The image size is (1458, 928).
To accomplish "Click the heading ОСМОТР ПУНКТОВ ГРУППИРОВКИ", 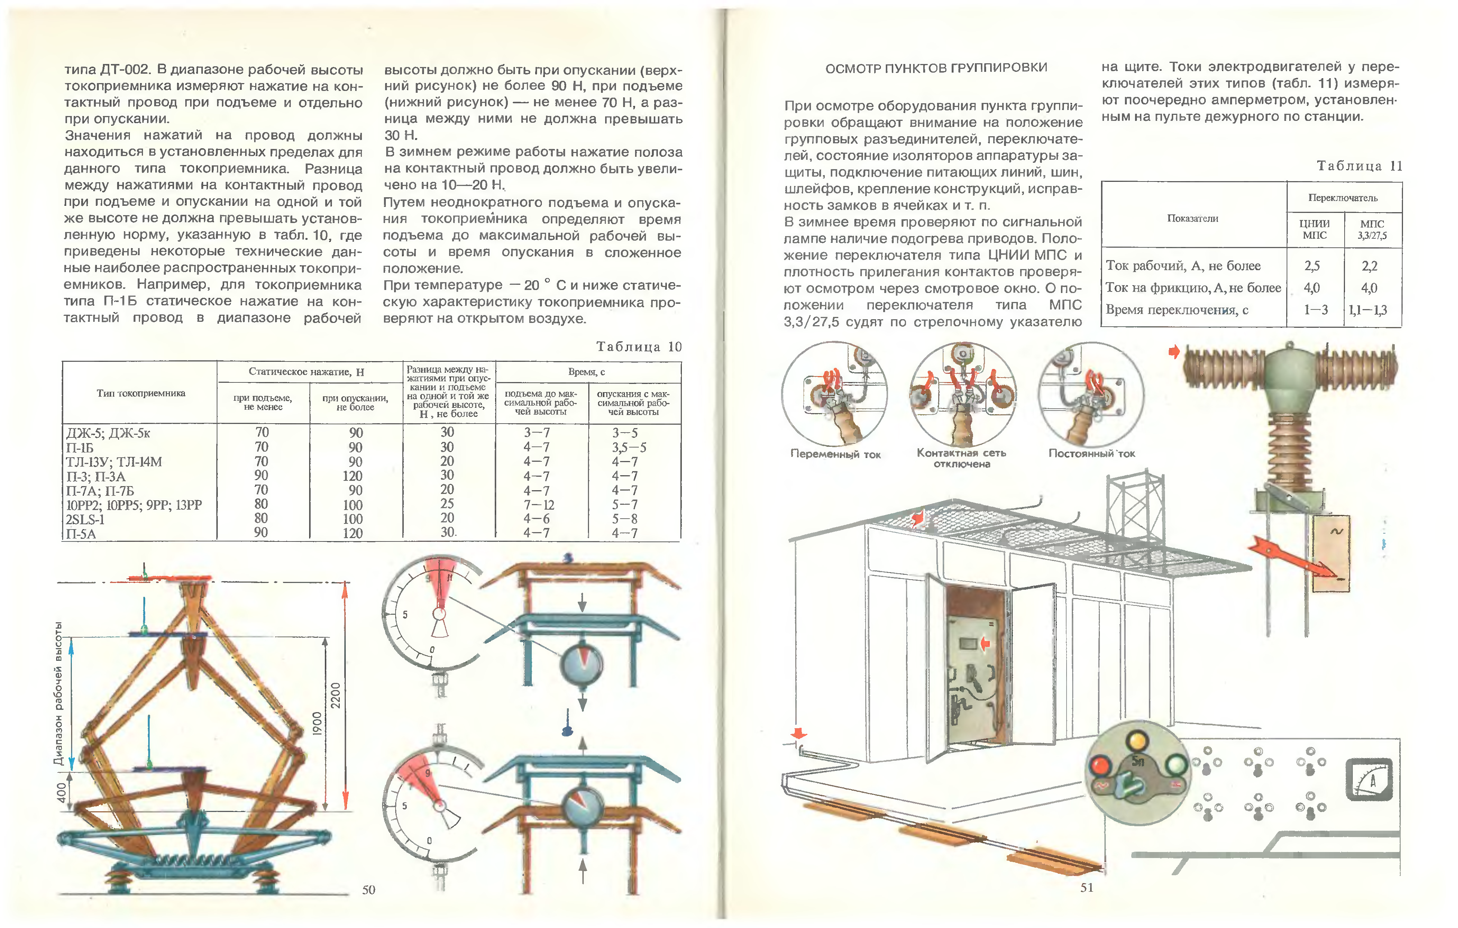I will [936, 68].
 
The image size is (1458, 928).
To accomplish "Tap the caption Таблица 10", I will [639, 347].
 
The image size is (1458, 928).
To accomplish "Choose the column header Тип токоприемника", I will [140, 393].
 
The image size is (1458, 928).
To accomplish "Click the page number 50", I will [369, 889].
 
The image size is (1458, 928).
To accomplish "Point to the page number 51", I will [1087, 888].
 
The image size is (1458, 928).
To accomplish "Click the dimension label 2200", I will [335, 695].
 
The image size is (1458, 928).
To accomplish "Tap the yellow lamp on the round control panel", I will [1137, 741].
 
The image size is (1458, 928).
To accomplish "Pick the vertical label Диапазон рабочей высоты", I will [58, 693].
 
